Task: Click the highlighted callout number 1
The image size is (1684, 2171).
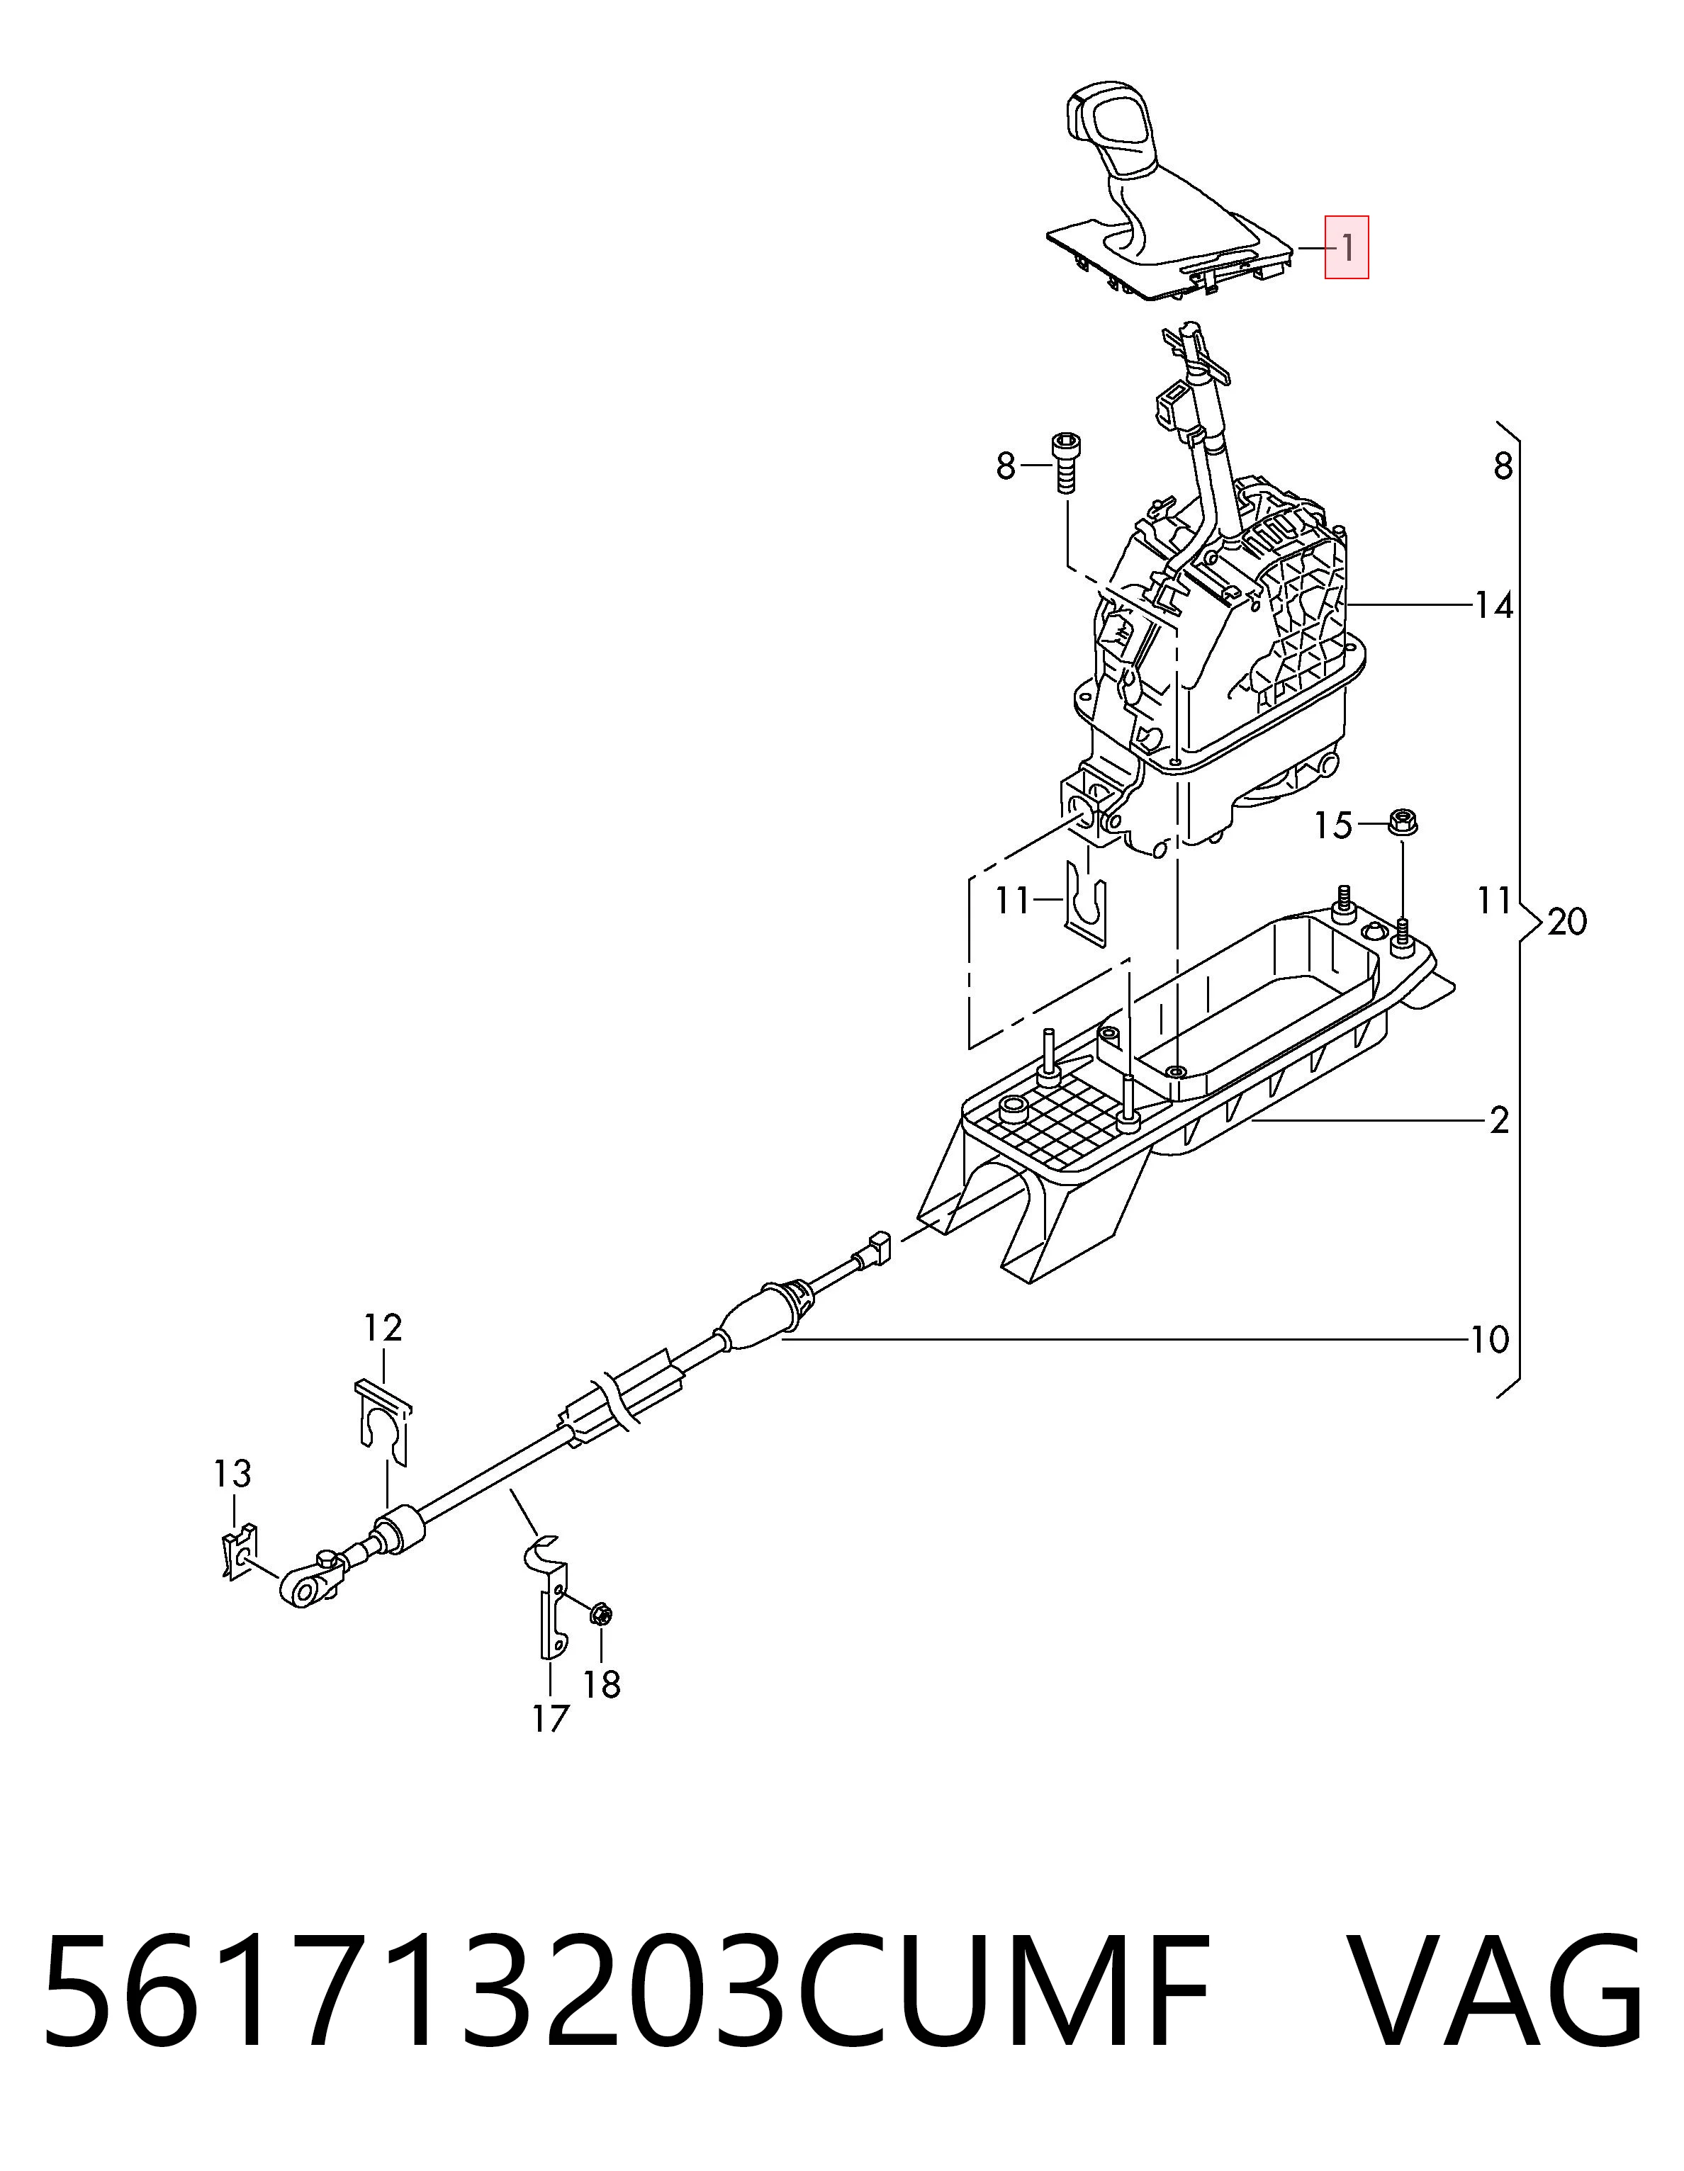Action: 1347,247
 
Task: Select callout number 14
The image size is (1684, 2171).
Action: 1493,604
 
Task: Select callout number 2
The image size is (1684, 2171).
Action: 1499,1120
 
